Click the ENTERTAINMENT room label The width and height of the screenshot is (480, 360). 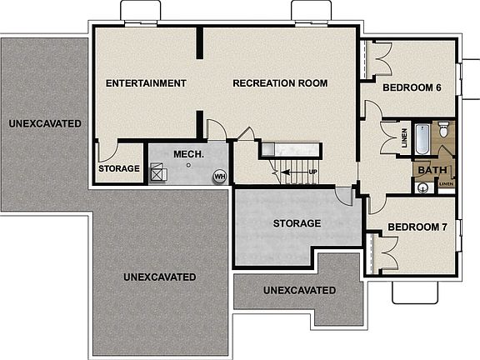pyautogui.click(x=146, y=83)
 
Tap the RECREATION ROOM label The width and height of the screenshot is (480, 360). pyautogui.click(x=280, y=83)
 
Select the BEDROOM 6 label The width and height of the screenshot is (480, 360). pyautogui.click(x=412, y=87)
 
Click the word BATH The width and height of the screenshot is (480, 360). pyautogui.click(x=432, y=171)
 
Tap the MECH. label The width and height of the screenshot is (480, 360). pyautogui.click(x=183, y=155)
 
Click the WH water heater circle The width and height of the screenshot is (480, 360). pyautogui.click(x=220, y=177)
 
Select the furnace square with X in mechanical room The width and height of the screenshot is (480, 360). pyautogui.click(x=158, y=172)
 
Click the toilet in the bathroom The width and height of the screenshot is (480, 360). pyautogui.click(x=444, y=129)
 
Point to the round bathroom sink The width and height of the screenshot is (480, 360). pyautogui.click(x=424, y=187)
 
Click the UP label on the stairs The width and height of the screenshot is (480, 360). pyautogui.click(x=313, y=173)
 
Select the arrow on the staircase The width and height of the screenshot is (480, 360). pyautogui.click(x=293, y=173)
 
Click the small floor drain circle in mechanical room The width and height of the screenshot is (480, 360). pyautogui.click(x=189, y=165)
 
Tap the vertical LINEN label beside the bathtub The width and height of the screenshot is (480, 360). pyautogui.click(x=404, y=140)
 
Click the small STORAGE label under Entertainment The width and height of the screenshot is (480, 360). pyautogui.click(x=119, y=169)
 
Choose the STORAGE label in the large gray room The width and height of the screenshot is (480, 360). pyautogui.click(x=297, y=223)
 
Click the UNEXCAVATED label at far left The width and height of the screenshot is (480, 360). pyautogui.click(x=45, y=124)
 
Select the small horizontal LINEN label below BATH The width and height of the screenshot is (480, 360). pyautogui.click(x=446, y=183)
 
